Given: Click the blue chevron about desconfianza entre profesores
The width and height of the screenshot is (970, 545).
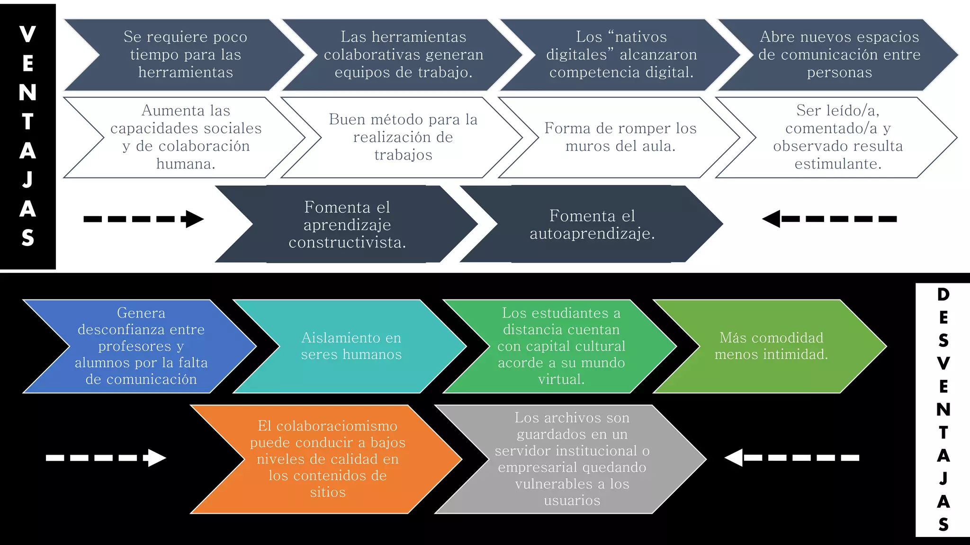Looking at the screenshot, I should tap(141, 346).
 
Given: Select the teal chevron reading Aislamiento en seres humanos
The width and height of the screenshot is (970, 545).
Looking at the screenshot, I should tap(351, 346).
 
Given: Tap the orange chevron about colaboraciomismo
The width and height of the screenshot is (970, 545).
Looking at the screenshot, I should tap(327, 458).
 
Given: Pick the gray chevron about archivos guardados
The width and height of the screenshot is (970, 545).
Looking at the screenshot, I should tap(572, 458).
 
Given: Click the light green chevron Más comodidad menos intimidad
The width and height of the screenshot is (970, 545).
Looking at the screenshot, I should tap(771, 346).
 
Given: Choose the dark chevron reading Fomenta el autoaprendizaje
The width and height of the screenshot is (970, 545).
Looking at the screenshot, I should tap(592, 224).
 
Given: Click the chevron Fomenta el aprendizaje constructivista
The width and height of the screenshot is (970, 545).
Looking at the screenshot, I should tap(347, 224).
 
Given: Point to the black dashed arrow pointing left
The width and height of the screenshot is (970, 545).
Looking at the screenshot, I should tap(829, 219).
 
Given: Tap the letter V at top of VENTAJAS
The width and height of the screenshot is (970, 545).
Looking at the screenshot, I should tap(27, 35).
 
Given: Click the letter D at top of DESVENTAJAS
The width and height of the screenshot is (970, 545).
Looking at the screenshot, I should tap(943, 294).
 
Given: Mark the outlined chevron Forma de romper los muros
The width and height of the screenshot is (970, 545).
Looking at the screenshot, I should tap(620, 137).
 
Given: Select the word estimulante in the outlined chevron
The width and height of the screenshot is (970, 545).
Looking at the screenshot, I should tap(837, 164).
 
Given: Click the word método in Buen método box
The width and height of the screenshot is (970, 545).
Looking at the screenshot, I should tap(403, 119).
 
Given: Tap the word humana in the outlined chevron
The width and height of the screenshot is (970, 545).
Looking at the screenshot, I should tap(185, 164).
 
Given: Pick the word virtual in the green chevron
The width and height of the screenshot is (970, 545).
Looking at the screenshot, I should tap(561, 379).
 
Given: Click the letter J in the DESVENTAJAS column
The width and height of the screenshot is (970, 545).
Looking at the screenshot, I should tap(943, 478).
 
